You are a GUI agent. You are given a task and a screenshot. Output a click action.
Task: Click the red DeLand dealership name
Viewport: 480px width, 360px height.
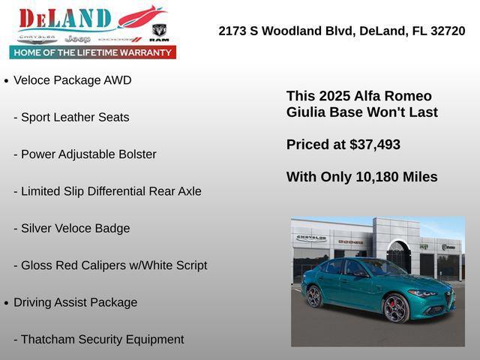pyautogui.click(x=65, y=19)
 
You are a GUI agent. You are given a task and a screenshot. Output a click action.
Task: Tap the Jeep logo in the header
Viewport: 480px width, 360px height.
pyautogui.click(x=77, y=38)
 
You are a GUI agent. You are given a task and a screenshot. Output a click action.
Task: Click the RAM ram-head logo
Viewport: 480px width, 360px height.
pyautogui.click(x=159, y=32)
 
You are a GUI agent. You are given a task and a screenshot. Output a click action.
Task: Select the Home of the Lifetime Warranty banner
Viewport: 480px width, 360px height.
pyautogui.click(x=93, y=52)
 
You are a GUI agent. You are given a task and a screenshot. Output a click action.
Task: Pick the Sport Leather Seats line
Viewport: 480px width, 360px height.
pyautogui.click(x=71, y=117)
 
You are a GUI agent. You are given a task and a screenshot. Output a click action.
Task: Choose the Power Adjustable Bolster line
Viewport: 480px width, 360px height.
pyautogui.click(x=85, y=154)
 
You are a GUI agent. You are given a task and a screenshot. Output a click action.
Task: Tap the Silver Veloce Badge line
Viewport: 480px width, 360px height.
pyautogui.click(x=71, y=228)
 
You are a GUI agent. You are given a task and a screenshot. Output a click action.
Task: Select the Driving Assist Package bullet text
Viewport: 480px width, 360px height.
pyautogui.click(x=75, y=302)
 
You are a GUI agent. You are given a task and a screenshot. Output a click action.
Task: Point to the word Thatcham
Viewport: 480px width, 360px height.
pyautogui.click(x=49, y=339)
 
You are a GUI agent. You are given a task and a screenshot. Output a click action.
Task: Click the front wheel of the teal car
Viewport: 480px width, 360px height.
pyautogui.click(x=396, y=308)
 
